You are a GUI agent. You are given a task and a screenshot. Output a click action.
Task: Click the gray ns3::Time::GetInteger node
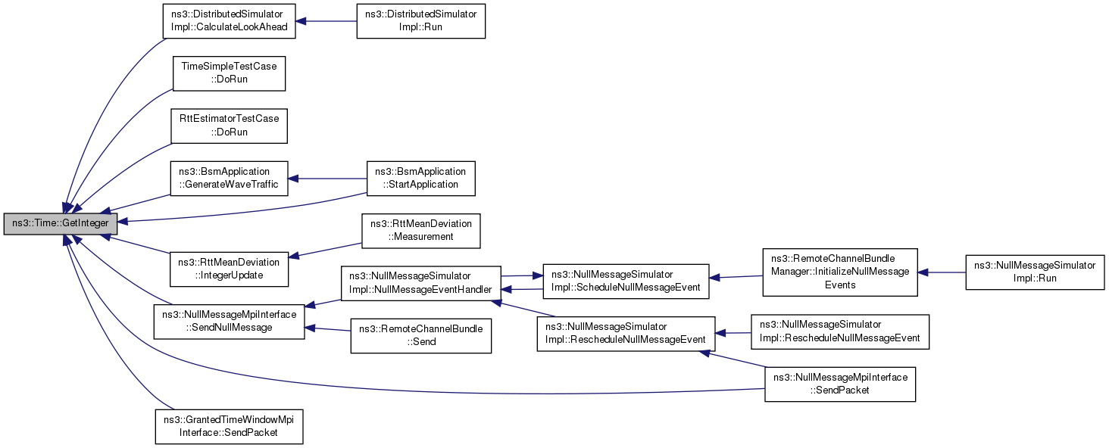[x=61, y=223]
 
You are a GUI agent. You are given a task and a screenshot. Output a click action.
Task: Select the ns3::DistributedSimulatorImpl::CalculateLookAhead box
[x=230, y=21]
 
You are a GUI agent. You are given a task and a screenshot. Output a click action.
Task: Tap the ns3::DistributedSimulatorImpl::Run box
[x=421, y=21]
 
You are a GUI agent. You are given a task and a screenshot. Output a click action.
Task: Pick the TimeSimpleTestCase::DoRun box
[x=230, y=73]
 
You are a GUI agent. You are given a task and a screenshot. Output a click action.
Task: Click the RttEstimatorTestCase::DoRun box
[x=230, y=126]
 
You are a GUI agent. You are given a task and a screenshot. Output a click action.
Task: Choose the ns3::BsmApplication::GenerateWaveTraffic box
[x=230, y=179]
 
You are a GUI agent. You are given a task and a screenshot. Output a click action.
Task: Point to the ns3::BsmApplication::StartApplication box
[x=421, y=179]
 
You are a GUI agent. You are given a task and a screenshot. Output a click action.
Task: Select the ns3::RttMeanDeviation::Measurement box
[x=421, y=231]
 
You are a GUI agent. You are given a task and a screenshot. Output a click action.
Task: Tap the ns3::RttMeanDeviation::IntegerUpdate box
[x=230, y=269]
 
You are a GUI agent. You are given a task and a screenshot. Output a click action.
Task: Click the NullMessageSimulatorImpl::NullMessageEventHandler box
[x=421, y=283]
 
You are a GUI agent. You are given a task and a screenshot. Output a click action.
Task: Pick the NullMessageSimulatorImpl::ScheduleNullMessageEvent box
[x=626, y=282]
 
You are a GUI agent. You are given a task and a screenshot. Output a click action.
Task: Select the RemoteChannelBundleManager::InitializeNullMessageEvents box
[x=840, y=272]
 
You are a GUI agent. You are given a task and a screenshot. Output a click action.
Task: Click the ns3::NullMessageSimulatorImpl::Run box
[x=1035, y=272]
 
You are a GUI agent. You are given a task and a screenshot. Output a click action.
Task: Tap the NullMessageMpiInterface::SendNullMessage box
[x=230, y=322]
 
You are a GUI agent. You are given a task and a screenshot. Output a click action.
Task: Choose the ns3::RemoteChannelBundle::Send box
[x=421, y=336]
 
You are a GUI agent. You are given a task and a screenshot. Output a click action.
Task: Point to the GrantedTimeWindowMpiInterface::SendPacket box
[x=230, y=427]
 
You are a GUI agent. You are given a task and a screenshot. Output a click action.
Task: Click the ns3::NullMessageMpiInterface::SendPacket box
[x=840, y=384]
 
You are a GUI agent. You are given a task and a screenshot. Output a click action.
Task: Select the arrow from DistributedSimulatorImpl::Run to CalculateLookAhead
[x=326, y=21]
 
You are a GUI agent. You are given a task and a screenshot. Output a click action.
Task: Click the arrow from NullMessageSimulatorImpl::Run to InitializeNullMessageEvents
[x=942, y=272]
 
